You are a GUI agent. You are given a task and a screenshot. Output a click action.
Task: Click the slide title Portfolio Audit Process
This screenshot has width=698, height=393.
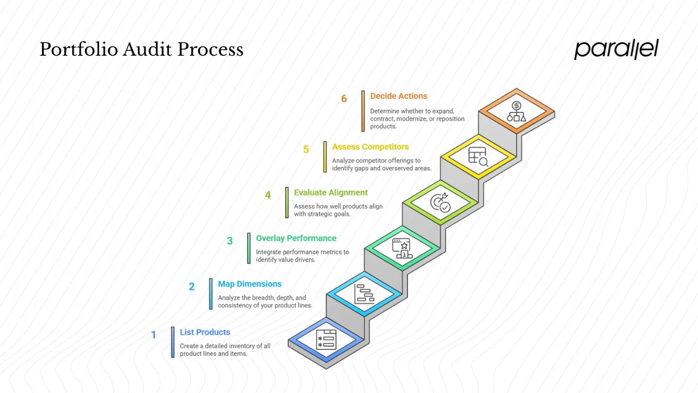point(141,50)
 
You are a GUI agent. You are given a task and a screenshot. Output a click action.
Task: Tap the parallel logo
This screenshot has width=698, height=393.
point(616,49)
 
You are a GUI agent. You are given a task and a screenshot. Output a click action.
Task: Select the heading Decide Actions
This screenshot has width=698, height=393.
point(399,96)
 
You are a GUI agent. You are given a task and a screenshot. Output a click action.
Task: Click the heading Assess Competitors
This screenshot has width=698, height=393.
point(370,147)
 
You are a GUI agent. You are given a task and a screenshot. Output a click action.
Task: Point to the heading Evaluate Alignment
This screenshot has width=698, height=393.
point(331,193)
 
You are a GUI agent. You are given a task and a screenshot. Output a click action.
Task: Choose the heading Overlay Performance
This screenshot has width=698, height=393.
point(296,239)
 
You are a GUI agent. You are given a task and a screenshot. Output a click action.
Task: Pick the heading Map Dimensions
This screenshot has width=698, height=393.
point(250,284)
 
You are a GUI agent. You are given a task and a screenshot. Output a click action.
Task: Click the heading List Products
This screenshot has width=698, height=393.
point(205,332)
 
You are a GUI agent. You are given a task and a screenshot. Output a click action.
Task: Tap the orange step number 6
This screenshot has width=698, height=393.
point(344,99)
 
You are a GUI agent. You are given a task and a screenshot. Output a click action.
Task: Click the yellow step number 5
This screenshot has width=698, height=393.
point(306,150)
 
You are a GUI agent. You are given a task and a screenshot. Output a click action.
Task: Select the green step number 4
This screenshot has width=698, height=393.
point(268,195)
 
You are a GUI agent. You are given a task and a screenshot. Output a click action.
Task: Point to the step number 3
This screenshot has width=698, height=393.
point(230,241)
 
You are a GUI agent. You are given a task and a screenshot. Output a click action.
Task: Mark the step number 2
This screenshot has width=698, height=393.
point(191,287)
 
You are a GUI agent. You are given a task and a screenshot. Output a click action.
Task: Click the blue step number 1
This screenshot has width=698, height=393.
point(153,335)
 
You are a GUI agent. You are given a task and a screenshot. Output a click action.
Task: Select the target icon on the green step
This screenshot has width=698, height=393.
point(440,203)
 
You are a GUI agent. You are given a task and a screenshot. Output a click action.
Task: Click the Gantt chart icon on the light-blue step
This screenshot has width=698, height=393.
point(364,294)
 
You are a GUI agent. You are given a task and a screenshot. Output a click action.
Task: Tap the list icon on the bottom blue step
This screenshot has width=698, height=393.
point(326,340)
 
